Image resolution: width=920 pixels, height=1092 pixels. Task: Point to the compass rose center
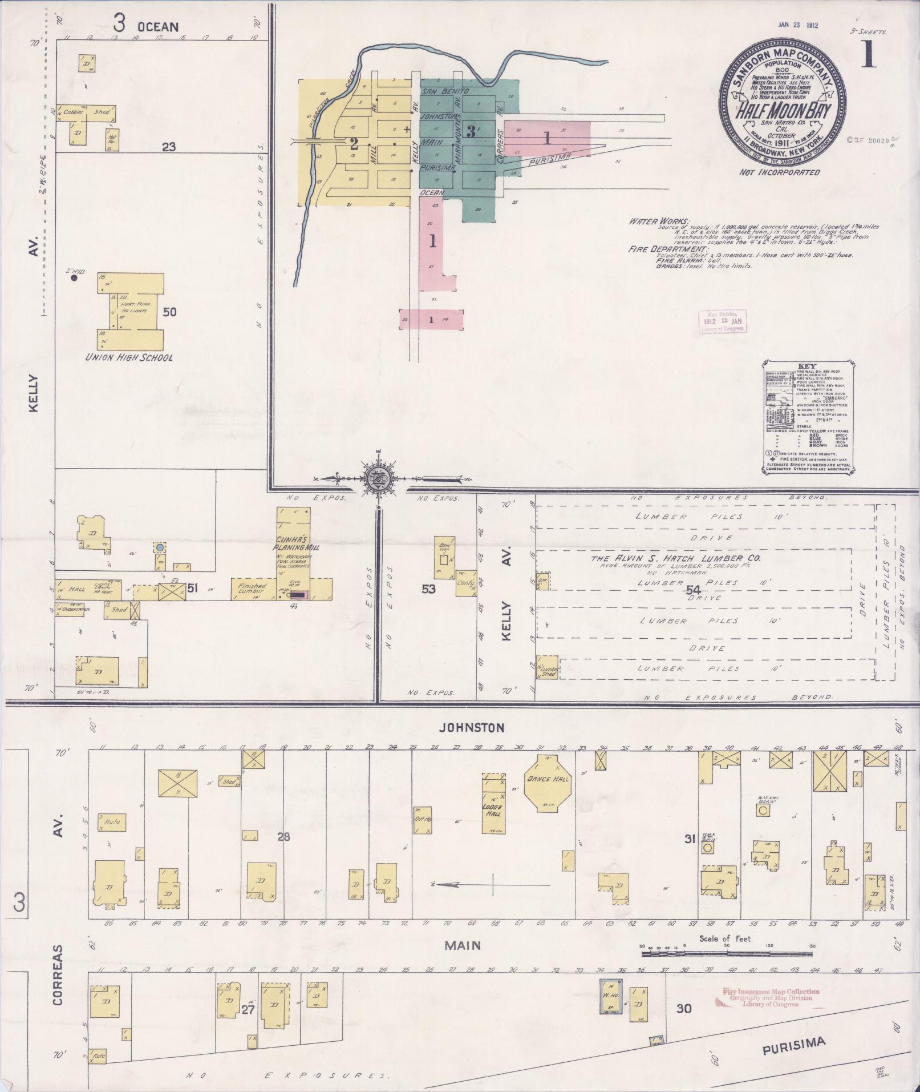(378, 478)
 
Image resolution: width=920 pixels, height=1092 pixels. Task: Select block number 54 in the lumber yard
(694, 589)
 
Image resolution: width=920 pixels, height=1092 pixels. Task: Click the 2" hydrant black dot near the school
(74, 279)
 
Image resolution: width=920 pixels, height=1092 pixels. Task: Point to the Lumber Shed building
(549, 667)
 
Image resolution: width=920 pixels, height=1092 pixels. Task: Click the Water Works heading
(659, 221)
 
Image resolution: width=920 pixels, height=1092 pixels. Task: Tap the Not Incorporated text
(779, 172)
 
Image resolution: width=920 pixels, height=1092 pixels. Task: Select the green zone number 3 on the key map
(471, 131)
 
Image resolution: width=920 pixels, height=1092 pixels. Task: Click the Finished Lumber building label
(252, 590)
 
